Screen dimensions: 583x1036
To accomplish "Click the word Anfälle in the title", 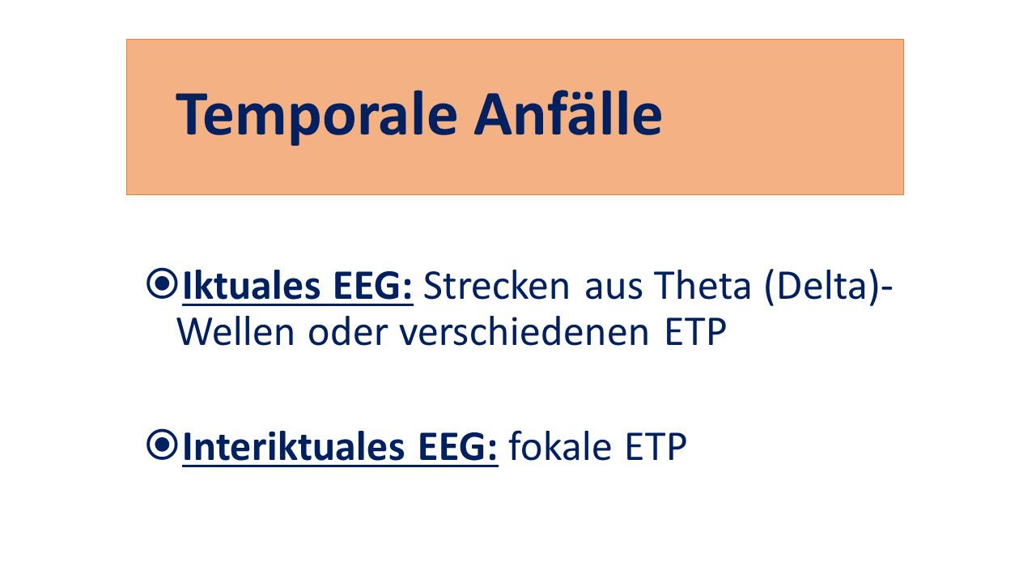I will tap(568, 115).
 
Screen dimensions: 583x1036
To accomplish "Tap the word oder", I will tap(348, 333).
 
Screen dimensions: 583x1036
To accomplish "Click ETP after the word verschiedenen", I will tap(694, 333).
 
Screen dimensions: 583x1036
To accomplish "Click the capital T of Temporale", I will tap(192, 115).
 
